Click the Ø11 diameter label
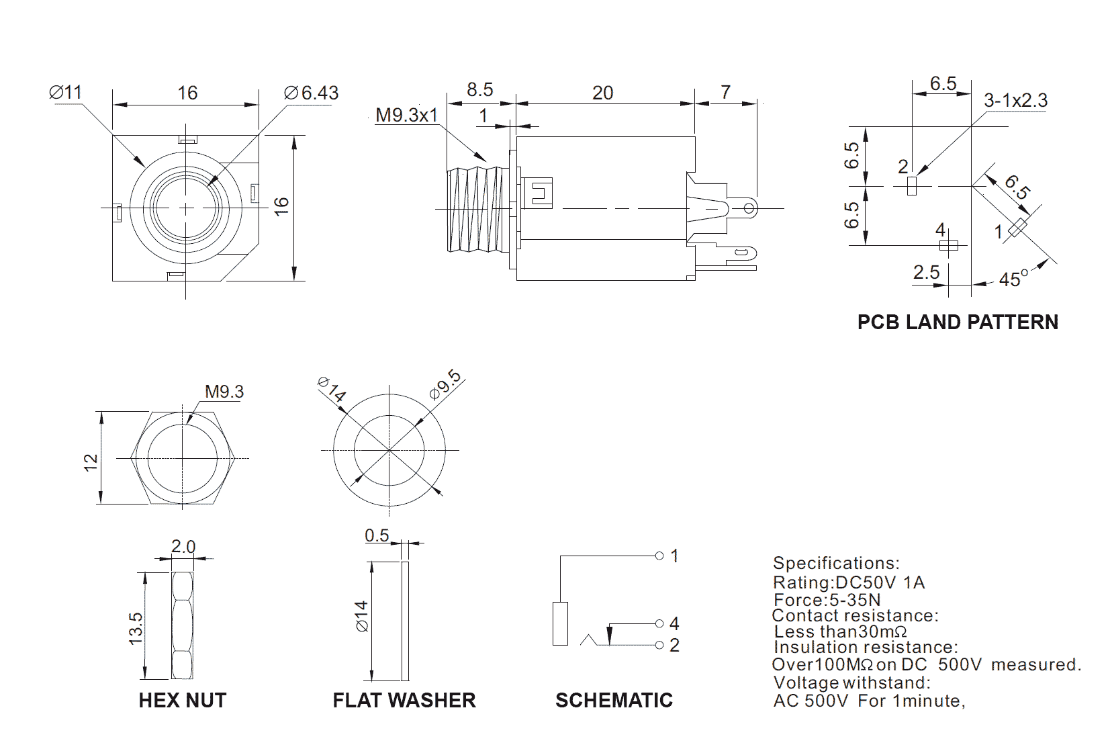pyautogui.click(x=66, y=92)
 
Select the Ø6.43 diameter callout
pyautogui.click(x=311, y=93)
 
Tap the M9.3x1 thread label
pyautogui.click(x=406, y=115)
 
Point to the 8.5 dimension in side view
pyautogui.click(x=479, y=89)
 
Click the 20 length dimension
pyautogui.click(x=602, y=93)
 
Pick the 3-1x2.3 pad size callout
pyautogui.click(x=1015, y=101)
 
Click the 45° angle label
pyautogui.click(x=1013, y=279)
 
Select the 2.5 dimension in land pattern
pyautogui.click(x=926, y=272)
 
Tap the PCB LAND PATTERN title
pyautogui.click(x=958, y=322)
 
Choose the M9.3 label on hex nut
pyautogui.click(x=224, y=392)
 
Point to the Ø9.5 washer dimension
pyautogui.click(x=445, y=385)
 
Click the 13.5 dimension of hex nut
pyautogui.click(x=136, y=628)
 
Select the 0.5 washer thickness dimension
pyautogui.click(x=377, y=535)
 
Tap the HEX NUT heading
pyautogui.click(x=183, y=701)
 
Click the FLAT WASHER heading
pyautogui.click(x=404, y=701)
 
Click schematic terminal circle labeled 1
pyautogui.click(x=659, y=556)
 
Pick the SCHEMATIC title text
pyautogui.click(x=614, y=701)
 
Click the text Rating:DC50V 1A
pyautogui.click(x=849, y=582)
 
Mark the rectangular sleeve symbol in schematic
pyautogui.click(x=560, y=624)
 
